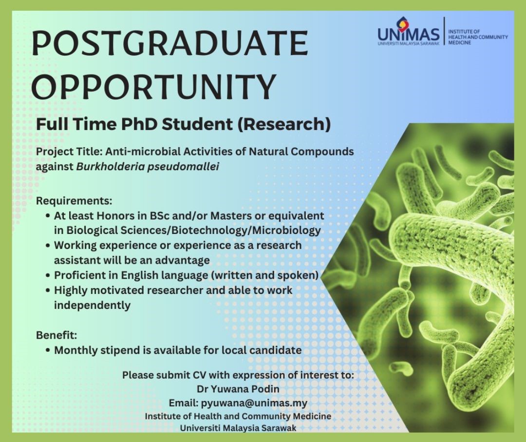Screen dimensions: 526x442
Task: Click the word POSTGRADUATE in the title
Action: click(x=170, y=43)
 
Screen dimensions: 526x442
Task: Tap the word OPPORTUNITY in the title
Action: click(x=154, y=86)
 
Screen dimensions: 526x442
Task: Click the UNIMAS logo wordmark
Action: click(x=409, y=34)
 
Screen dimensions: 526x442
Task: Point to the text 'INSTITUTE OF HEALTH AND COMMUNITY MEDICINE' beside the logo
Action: click(x=478, y=37)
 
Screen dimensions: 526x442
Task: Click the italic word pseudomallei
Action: click(x=183, y=167)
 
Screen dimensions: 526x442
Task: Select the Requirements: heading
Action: click(x=74, y=201)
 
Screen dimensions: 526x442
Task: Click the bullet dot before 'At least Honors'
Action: click(x=48, y=216)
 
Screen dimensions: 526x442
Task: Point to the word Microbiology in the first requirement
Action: click(x=286, y=231)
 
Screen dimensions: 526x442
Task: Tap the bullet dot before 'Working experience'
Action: click(x=48, y=246)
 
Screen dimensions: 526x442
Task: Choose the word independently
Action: click(x=92, y=306)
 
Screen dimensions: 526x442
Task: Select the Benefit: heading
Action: click(x=56, y=335)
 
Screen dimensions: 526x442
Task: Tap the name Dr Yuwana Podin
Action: click(x=238, y=389)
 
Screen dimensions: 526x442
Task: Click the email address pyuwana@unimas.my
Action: click(x=254, y=403)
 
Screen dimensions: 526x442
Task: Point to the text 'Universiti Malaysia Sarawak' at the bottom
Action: click(x=238, y=428)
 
